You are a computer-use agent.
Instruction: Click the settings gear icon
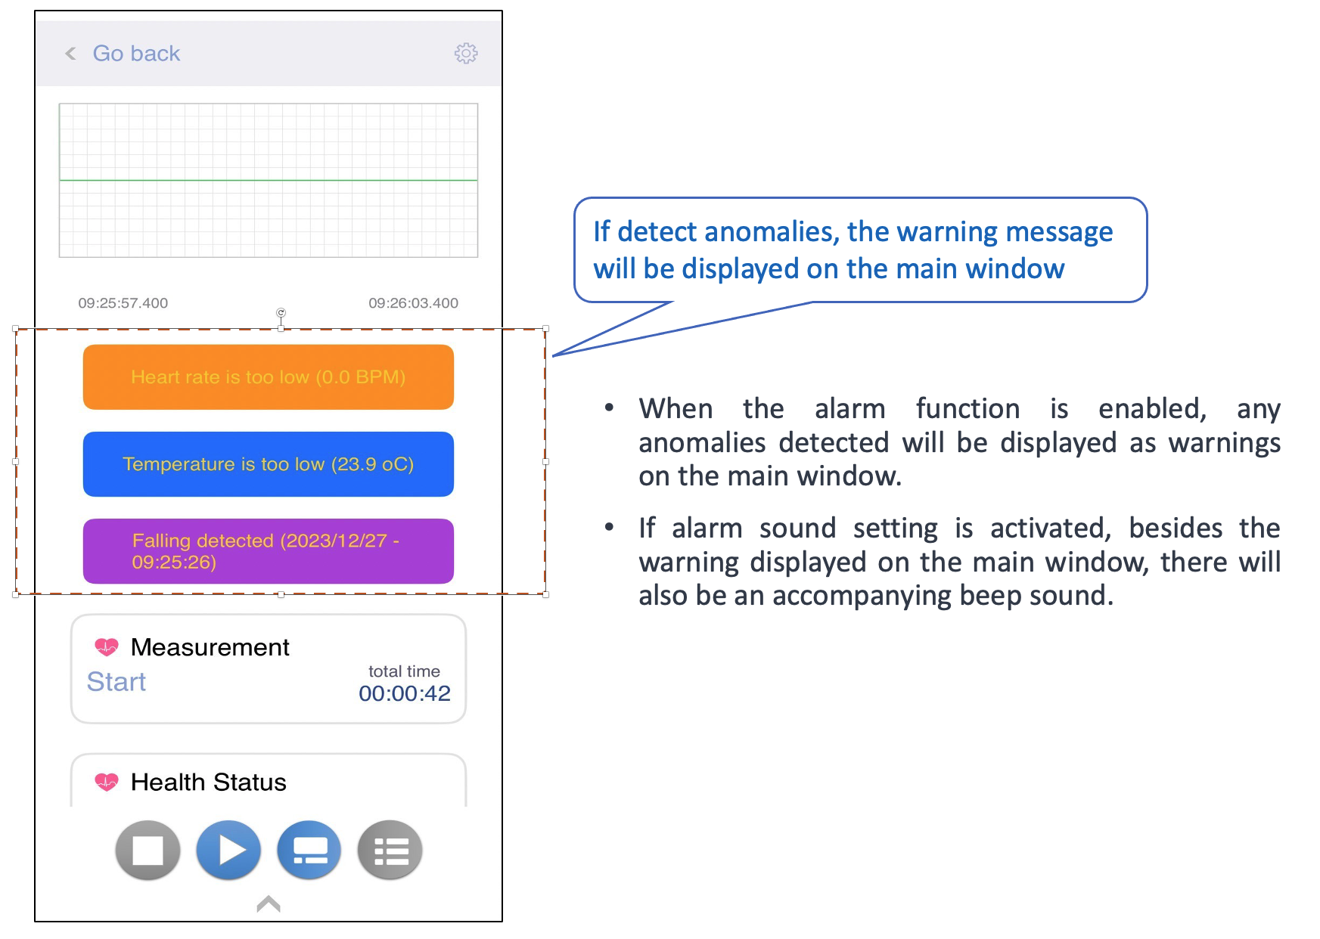point(466,53)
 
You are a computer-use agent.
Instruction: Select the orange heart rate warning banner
point(269,377)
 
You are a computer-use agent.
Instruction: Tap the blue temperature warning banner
point(269,464)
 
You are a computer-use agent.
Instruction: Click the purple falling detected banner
point(269,551)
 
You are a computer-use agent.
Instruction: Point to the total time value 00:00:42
point(405,693)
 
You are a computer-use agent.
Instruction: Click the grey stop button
point(148,851)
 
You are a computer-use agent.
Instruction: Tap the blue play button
point(228,851)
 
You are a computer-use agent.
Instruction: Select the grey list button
point(390,851)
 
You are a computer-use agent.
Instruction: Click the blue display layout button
point(309,851)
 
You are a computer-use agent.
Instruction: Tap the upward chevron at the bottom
point(269,903)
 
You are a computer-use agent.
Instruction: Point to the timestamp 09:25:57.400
point(123,303)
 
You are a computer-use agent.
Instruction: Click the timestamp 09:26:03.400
point(414,303)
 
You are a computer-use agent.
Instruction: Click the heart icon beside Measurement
point(107,647)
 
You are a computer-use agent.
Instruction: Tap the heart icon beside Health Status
point(107,782)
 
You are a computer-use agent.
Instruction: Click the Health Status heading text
point(209,782)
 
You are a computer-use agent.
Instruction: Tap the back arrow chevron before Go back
point(70,54)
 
